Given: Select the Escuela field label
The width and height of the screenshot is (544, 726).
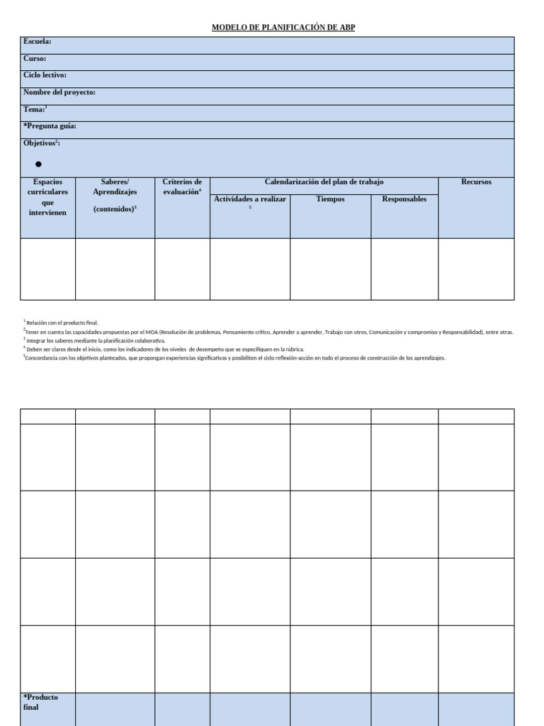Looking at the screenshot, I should pyautogui.click(x=37, y=42).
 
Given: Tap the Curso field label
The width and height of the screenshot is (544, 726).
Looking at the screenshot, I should pyautogui.click(x=35, y=59).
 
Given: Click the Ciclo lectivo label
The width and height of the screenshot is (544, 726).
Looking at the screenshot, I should pyautogui.click(x=45, y=75).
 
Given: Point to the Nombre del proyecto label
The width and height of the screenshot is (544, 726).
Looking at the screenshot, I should pyautogui.click(x=59, y=92).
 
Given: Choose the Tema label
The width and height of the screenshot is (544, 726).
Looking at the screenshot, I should pyautogui.click(x=35, y=109).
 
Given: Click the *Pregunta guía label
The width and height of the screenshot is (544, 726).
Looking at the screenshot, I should pyautogui.click(x=50, y=126).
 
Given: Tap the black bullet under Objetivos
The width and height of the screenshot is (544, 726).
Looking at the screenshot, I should pyautogui.click(x=38, y=164).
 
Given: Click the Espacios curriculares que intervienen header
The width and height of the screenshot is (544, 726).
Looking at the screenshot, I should pyautogui.click(x=47, y=197).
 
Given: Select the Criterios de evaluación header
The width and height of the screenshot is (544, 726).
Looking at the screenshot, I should pyautogui.click(x=182, y=186).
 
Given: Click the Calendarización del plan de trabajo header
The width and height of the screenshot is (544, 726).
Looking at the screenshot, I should pyautogui.click(x=324, y=182).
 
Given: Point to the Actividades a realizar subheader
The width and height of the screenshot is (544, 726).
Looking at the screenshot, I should pyautogui.click(x=249, y=199).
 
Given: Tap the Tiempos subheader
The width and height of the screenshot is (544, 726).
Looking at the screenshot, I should pyautogui.click(x=330, y=199).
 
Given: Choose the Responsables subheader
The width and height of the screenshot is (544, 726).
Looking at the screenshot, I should pyautogui.click(x=404, y=199).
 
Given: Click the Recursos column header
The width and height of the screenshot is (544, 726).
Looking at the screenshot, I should pyautogui.click(x=476, y=182).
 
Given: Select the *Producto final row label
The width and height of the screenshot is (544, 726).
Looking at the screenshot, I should pyautogui.click(x=40, y=702).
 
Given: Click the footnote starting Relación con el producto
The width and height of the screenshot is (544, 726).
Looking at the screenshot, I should pyautogui.click(x=62, y=323).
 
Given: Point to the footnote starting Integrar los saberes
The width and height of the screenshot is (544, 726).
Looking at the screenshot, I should pyautogui.click(x=95, y=340).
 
